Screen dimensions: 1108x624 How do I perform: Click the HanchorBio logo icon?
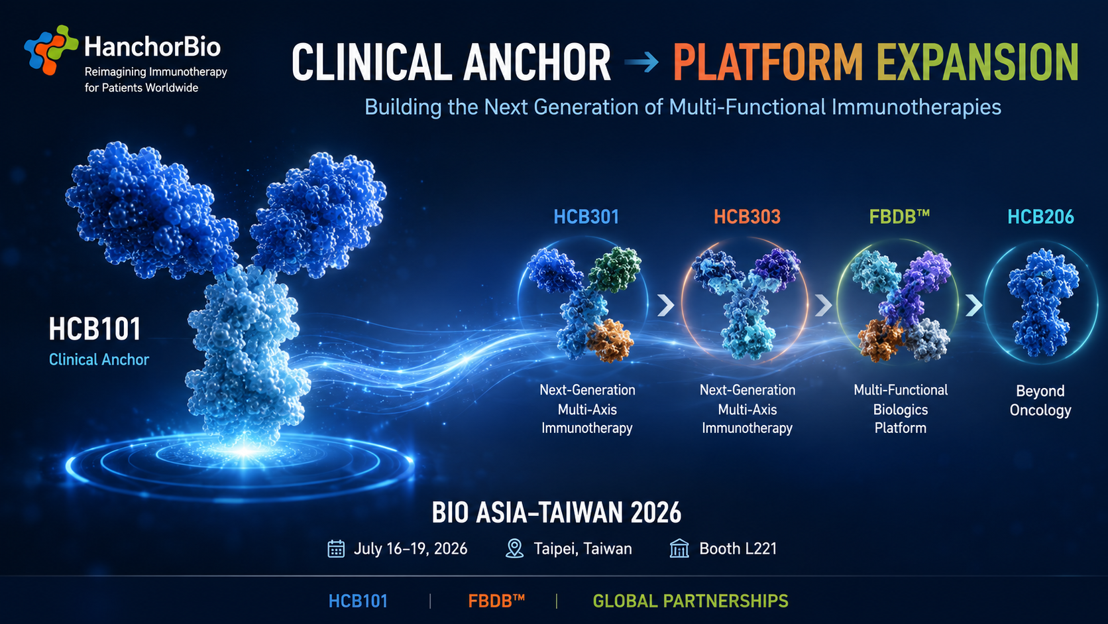pos(51,50)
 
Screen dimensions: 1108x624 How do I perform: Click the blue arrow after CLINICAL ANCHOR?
pos(641,62)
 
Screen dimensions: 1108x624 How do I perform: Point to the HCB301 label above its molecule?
pos(586,217)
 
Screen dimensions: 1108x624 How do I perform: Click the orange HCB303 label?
pos(747,217)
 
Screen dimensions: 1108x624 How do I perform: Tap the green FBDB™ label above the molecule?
pos(899,217)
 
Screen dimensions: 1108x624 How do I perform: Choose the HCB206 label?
pos(1040,217)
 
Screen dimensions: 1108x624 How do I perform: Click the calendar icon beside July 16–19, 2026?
pos(336,549)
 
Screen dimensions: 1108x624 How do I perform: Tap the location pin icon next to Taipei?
pos(514,549)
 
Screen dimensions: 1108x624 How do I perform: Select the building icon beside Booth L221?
pos(679,549)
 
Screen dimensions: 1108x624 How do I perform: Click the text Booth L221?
pos(738,549)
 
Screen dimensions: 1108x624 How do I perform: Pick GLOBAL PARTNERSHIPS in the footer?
pos(691,601)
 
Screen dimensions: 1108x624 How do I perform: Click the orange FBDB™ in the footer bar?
pos(496,601)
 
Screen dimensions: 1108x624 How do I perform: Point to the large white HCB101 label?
pos(95,329)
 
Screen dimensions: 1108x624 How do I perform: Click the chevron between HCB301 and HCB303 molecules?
pos(666,305)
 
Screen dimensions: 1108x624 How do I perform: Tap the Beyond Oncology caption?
pos(1040,401)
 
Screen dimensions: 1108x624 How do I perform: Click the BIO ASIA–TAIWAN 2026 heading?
pos(557,513)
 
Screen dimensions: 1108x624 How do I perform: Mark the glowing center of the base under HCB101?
pos(244,451)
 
